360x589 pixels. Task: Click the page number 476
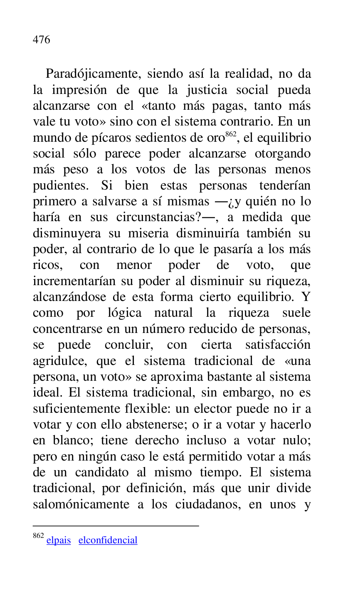41,40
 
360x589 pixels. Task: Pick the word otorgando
282,154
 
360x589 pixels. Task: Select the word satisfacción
277,345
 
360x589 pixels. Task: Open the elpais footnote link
59,540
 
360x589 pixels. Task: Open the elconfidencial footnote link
108,540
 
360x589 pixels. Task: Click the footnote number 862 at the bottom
38,536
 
